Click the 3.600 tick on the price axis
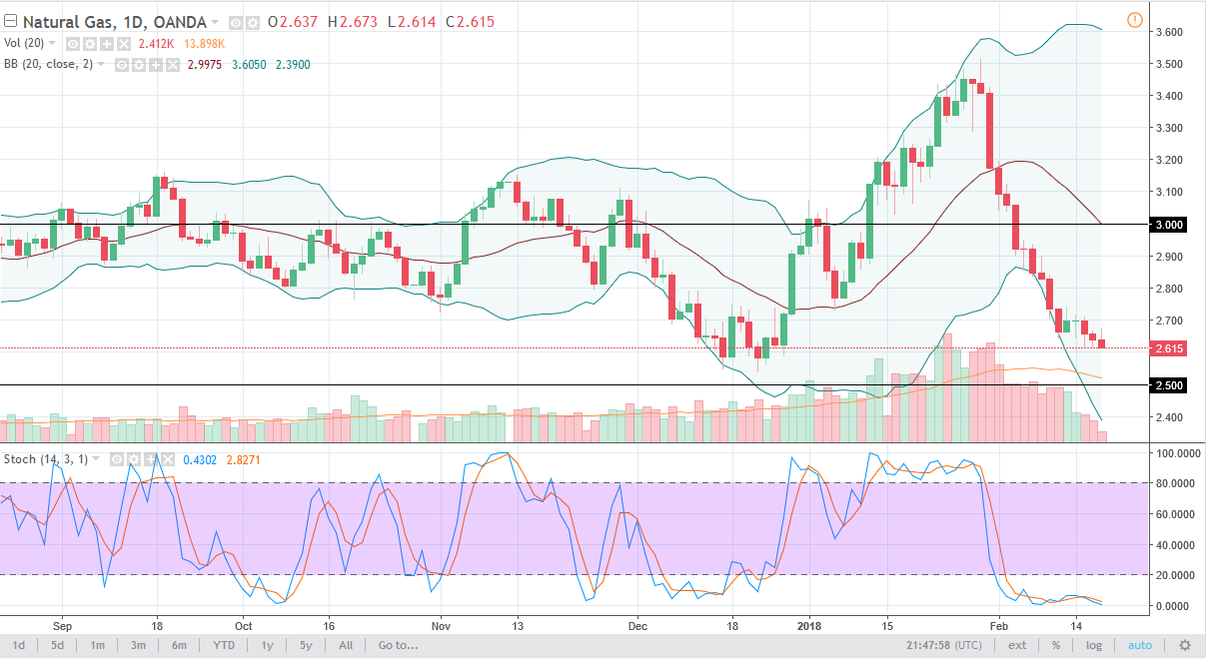click(x=1170, y=32)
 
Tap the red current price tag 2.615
click(x=1169, y=348)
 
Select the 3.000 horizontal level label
click(x=1169, y=225)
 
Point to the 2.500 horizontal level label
click(x=1169, y=385)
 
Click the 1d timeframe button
click(x=19, y=645)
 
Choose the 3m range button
click(x=139, y=645)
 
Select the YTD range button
click(x=223, y=645)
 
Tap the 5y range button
click(x=306, y=645)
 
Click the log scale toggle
click(x=1094, y=645)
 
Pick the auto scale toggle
click(x=1140, y=645)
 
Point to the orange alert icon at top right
click(x=1134, y=20)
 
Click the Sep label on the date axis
click(x=61, y=625)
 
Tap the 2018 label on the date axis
click(x=811, y=625)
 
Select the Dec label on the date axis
click(x=637, y=625)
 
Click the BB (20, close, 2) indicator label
click(x=53, y=63)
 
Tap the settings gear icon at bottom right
click(x=1184, y=645)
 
